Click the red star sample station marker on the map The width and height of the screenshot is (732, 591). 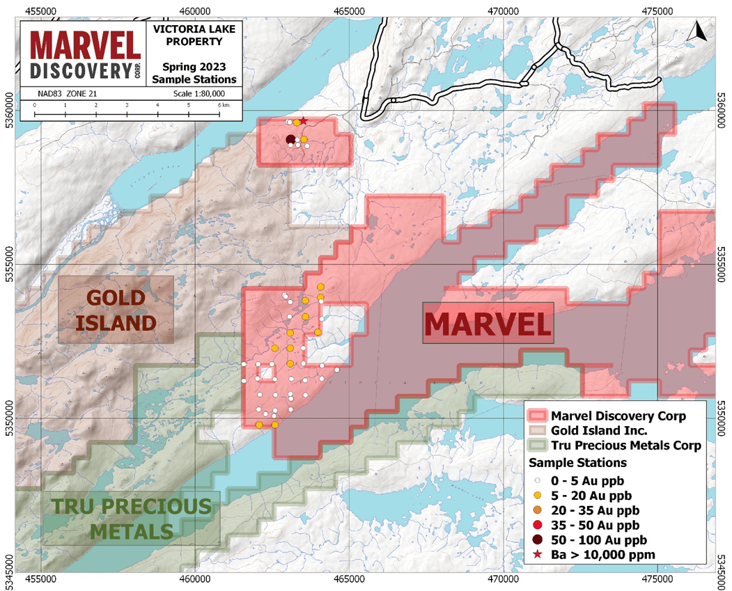click(303, 120)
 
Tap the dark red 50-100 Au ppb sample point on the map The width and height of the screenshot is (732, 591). click(290, 139)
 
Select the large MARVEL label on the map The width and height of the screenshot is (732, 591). click(488, 323)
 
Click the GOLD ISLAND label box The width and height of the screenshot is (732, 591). click(116, 310)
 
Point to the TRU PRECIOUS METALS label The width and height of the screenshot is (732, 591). click(131, 519)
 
